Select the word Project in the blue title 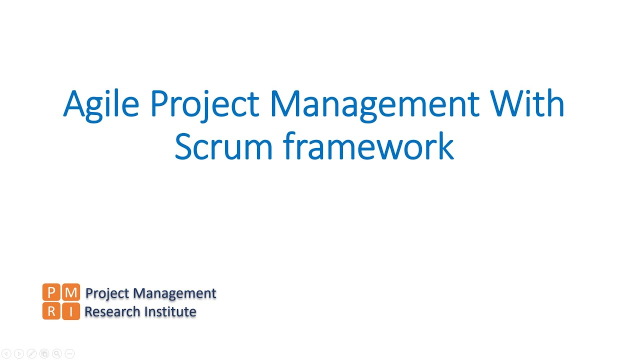pos(204,105)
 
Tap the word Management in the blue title pos(374,105)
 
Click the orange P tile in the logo pos(51,292)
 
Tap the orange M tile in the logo pos(71,292)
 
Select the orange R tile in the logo pos(51,311)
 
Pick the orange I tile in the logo pos(71,311)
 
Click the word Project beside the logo pos(107,293)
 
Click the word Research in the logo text pos(112,311)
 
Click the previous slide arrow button pos(6,354)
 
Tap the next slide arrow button pos(19,354)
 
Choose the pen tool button pos(31,354)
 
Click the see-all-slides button pos(44,354)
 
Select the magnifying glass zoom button pos(56,354)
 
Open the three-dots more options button pos(69,354)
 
